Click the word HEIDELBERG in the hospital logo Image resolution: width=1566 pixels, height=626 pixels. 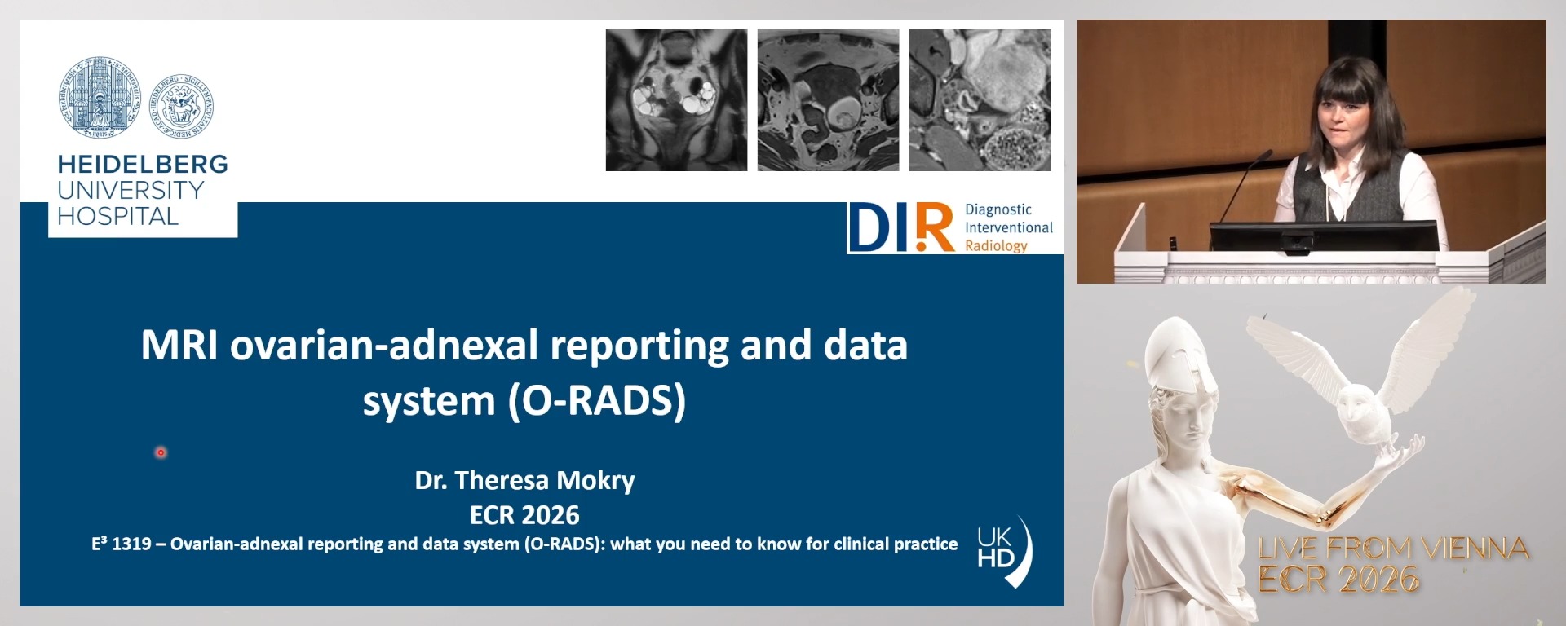click(x=143, y=164)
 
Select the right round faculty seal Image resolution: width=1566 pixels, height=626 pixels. click(x=180, y=107)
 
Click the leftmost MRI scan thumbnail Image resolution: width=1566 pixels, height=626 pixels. click(x=676, y=100)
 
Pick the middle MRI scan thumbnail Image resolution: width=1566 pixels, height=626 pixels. click(x=828, y=100)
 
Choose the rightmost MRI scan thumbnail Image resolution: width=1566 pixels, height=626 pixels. click(x=980, y=100)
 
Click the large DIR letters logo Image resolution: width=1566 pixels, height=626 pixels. click(x=900, y=227)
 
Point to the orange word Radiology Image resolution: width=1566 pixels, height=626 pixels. click(x=996, y=245)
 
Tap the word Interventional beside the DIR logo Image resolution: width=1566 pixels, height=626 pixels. click(x=1009, y=227)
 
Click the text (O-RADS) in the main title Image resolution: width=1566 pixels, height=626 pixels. click(x=597, y=400)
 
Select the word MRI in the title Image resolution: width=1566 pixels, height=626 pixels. click(x=179, y=345)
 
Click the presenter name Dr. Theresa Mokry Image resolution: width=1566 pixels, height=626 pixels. click(x=524, y=480)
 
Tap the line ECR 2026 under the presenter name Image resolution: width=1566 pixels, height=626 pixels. click(x=524, y=515)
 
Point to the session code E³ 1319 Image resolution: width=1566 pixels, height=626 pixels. click(x=122, y=544)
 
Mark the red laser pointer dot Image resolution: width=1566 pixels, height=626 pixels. click(x=161, y=452)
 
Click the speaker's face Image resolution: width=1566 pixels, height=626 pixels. click(x=1342, y=114)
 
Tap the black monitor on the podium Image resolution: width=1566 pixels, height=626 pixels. click(x=1323, y=237)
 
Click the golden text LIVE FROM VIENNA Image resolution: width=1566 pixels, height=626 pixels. click(x=1393, y=549)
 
